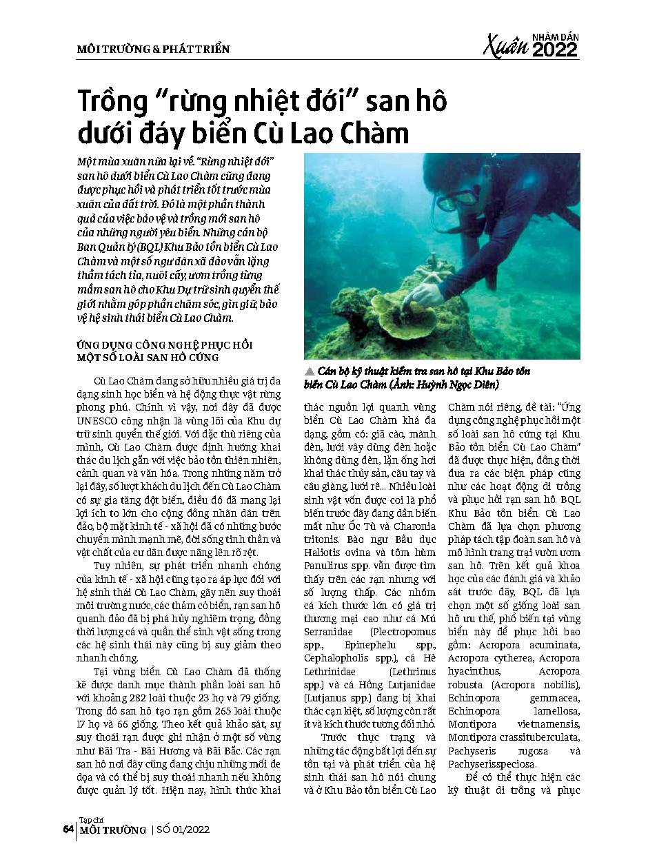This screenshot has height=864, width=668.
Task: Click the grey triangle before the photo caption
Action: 309,371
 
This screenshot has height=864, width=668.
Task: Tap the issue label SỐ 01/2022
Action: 181,830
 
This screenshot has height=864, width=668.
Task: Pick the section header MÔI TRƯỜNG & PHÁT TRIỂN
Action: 153,49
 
